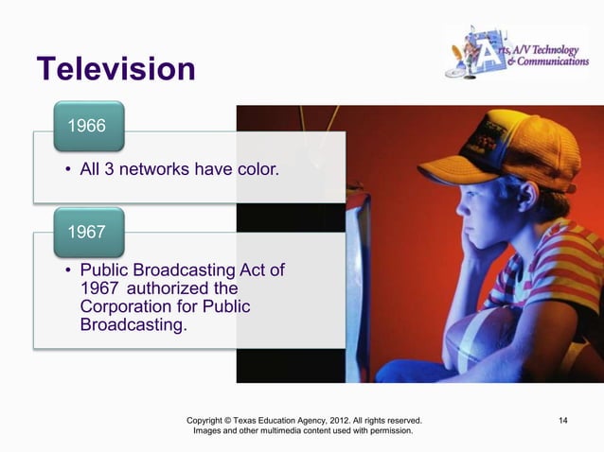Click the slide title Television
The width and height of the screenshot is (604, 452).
[x=115, y=70]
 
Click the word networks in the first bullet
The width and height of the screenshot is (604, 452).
[x=151, y=170]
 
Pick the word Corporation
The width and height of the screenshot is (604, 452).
[x=127, y=307]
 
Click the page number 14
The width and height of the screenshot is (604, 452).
[x=563, y=419]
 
